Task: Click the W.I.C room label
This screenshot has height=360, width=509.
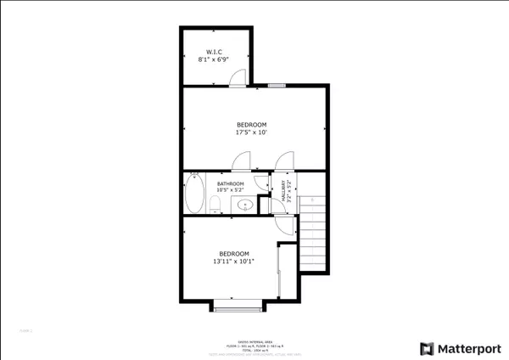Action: pyautogui.click(x=214, y=52)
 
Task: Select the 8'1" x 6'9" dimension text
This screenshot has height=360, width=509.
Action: pyautogui.click(x=214, y=60)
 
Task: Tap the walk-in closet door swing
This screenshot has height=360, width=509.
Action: pyautogui.click(x=238, y=78)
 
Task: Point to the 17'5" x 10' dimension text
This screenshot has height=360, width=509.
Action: pyautogui.click(x=251, y=132)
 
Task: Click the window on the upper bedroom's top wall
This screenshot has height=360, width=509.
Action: pyautogui.click(x=277, y=86)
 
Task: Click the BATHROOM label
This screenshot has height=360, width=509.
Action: pyautogui.click(x=230, y=183)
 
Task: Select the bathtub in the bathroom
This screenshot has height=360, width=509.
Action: pyautogui.click(x=194, y=194)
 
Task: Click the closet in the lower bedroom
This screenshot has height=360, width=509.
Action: pyautogui.click(x=287, y=272)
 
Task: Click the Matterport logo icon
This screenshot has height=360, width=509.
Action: pyautogui.click(x=428, y=348)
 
